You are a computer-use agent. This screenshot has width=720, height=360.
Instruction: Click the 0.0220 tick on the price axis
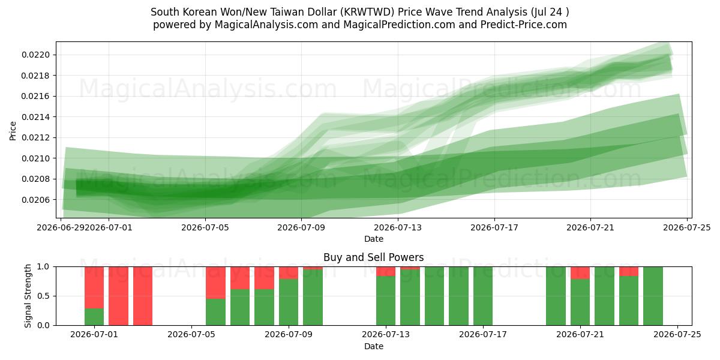point(35,55)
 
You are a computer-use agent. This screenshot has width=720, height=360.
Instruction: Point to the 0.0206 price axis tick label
point(35,200)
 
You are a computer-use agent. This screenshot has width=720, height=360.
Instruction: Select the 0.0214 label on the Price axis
point(35,117)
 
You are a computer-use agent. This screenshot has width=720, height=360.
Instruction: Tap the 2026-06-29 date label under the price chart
point(61,227)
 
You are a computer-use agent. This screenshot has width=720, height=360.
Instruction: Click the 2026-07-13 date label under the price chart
point(398,227)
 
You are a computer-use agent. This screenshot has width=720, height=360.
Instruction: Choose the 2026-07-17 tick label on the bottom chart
point(483,334)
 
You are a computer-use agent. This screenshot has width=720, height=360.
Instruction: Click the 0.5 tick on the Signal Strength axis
point(43,296)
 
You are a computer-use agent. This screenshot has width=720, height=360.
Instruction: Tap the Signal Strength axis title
point(28,296)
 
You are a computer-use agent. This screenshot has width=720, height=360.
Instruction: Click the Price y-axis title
point(13,131)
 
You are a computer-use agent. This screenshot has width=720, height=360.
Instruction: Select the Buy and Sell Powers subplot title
point(373,257)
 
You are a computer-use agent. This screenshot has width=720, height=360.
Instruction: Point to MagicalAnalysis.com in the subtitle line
point(266,25)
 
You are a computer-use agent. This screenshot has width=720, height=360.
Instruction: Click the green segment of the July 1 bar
point(94,317)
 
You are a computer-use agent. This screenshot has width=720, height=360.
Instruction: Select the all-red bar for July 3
point(143,296)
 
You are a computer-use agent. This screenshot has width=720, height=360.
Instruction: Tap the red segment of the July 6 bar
point(215,283)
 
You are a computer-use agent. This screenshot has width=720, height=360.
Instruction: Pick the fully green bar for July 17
point(483,296)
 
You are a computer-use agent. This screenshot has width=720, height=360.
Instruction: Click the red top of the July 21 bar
point(580,272)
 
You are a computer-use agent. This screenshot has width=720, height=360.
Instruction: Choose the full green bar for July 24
point(653,296)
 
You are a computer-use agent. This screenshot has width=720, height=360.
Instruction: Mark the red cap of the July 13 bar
point(386,271)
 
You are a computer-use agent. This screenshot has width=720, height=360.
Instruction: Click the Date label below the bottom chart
point(373,346)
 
